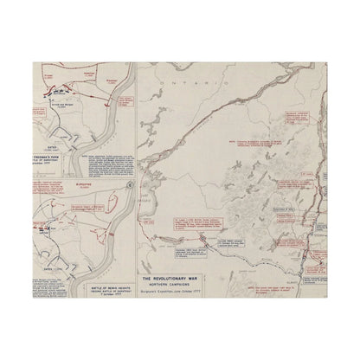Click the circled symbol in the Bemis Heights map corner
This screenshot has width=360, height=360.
(x=129, y=186)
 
